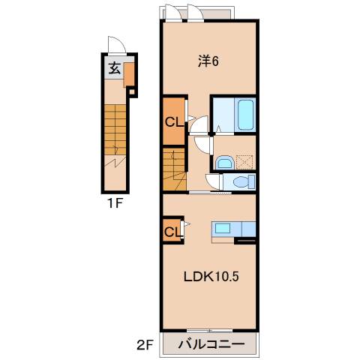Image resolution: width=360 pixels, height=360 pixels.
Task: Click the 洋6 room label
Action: pyautogui.click(x=208, y=61)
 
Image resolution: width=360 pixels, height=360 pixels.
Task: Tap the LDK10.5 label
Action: pyautogui.click(x=211, y=277)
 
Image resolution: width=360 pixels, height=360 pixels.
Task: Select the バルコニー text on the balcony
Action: pyautogui.click(x=211, y=345)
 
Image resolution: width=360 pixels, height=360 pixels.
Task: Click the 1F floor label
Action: pyautogui.click(x=115, y=204)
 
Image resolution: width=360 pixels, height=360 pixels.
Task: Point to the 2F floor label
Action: pyautogui.click(x=145, y=346)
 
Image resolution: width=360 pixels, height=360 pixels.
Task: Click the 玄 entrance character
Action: pyautogui.click(x=115, y=68)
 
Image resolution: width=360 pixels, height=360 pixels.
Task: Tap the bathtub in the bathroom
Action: pyautogui.click(x=245, y=115)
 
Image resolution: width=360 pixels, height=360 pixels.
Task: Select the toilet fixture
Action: pyautogui.click(x=243, y=181)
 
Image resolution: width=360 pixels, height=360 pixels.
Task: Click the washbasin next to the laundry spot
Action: pyautogui.click(x=224, y=163)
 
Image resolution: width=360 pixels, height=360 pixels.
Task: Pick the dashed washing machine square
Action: pyautogui.click(x=244, y=163)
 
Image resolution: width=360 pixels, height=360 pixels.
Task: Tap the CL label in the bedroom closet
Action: pyautogui.click(x=174, y=122)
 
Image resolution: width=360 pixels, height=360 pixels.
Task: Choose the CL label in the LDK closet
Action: pyautogui.click(x=172, y=232)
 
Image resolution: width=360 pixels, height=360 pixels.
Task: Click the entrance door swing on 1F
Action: pyautogui.click(x=117, y=45)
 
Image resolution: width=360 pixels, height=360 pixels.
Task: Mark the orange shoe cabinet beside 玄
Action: pyautogui.click(x=129, y=75)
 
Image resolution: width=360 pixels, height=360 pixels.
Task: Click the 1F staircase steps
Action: pyautogui.click(x=115, y=130)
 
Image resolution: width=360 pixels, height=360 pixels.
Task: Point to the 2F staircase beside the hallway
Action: pyautogui.click(x=175, y=169)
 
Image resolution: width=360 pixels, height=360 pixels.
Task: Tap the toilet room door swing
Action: pyautogui.click(x=212, y=181)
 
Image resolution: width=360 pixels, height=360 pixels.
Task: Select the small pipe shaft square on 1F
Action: pyautogui.click(x=132, y=91)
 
